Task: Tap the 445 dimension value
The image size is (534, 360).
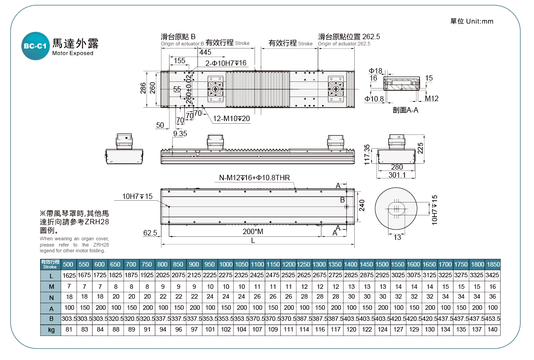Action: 205,52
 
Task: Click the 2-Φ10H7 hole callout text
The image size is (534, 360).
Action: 226,63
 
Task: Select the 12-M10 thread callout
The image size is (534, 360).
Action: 231,119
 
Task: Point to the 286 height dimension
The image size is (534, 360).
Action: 143,88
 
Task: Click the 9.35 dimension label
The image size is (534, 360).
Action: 180,133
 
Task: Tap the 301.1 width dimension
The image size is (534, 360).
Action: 397,175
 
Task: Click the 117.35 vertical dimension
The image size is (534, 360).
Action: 367,154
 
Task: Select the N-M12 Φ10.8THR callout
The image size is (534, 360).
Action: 254,178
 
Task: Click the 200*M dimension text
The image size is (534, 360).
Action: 253,231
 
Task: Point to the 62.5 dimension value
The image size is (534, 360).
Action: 150,232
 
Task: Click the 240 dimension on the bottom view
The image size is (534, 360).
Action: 362,205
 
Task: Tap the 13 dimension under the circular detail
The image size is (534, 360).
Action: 397,238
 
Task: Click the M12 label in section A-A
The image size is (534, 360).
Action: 431,98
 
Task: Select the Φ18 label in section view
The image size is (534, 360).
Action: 376,71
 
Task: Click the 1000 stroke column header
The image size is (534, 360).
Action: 226,264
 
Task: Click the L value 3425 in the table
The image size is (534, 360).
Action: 493,275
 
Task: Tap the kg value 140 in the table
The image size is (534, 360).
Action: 493,330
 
